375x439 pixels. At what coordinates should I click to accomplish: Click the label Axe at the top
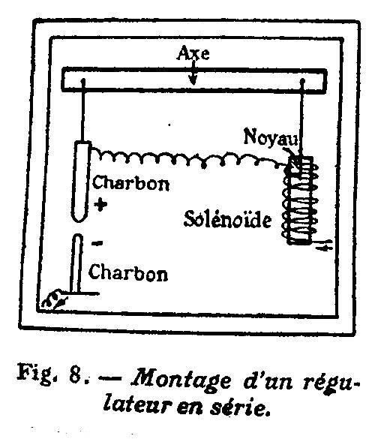pyautogui.click(x=193, y=53)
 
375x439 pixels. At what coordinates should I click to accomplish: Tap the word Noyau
pyautogui.click(x=270, y=137)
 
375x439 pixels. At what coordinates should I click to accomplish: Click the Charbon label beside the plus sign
pyautogui.click(x=131, y=183)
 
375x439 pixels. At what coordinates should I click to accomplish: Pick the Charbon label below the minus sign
pyautogui.click(x=128, y=272)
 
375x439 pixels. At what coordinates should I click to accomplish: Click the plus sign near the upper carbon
pyautogui.click(x=100, y=204)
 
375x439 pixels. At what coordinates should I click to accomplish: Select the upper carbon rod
pyautogui.click(x=81, y=182)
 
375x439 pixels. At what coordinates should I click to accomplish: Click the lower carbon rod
pyautogui.click(x=76, y=263)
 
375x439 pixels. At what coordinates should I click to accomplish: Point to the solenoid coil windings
pyautogui.click(x=300, y=200)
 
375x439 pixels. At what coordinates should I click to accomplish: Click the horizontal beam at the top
pyautogui.click(x=194, y=80)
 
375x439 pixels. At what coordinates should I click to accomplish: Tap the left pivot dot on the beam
pyautogui.click(x=83, y=81)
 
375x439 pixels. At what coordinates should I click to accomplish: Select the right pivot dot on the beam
pyautogui.click(x=302, y=81)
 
